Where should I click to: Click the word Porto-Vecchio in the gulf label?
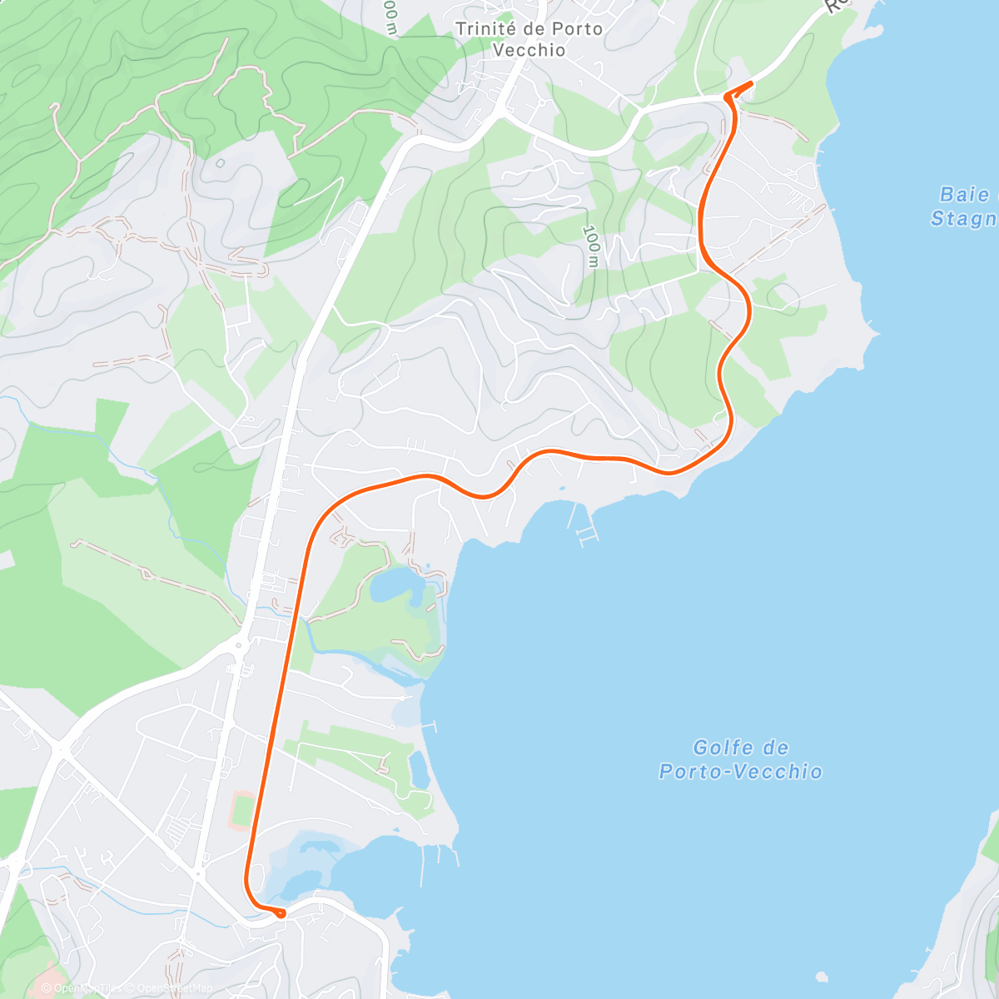(x=740, y=772)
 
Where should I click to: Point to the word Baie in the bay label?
(x=964, y=195)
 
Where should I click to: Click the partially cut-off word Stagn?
(x=964, y=219)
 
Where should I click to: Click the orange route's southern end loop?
(x=280, y=912)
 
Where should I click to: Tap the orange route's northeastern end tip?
(x=750, y=83)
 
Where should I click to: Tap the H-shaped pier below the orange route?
(x=585, y=533)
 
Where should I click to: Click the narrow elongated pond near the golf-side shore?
(x=420, y=770)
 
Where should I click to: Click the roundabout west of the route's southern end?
(x=198, y=873)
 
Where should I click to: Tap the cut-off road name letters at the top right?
(x=835, y=7)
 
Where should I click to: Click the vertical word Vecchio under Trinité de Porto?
(x=529, y=50)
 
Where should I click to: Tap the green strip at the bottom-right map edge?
(x=990, y=841)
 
